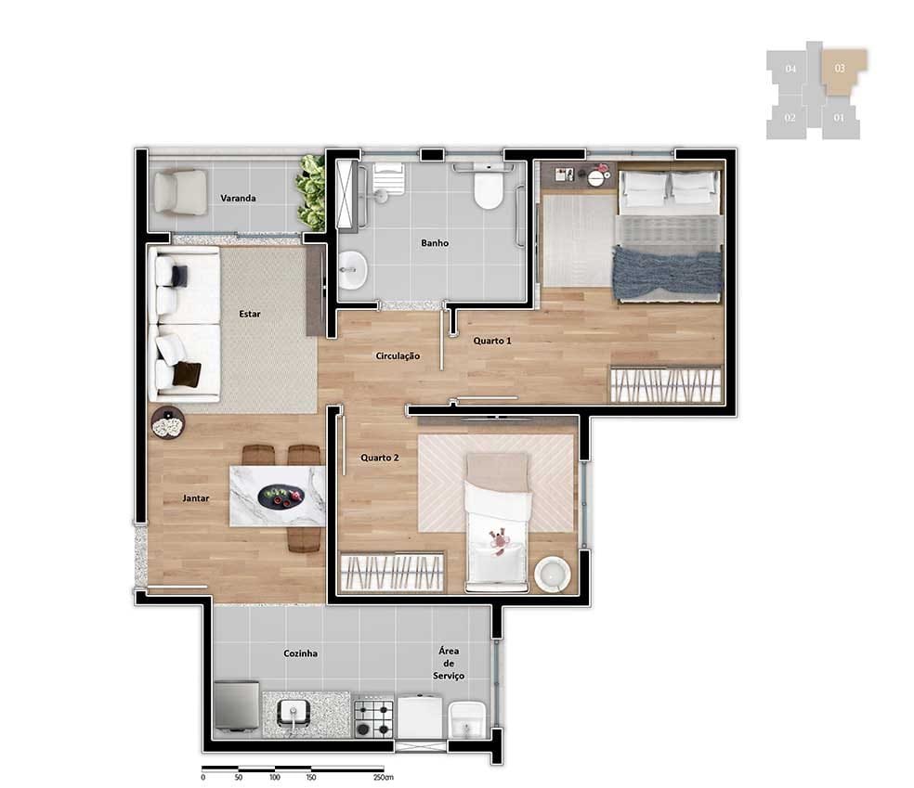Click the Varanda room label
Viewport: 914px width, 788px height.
point(238,198)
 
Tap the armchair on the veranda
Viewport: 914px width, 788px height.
point(179,192)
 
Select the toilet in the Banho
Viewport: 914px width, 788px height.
point(488,187)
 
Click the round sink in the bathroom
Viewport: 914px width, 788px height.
point(352,270)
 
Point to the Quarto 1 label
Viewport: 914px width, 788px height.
point(492,341)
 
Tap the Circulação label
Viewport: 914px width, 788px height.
point(398,355)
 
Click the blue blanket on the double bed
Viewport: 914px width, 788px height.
point(668,271)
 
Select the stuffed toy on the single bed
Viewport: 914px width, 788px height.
point(500,541)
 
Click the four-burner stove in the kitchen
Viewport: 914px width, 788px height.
point(373,718)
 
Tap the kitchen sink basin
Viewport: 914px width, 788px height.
point(294,713)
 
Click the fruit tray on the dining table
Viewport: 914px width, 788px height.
point(281,497)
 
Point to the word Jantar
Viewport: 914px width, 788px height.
point(195,498)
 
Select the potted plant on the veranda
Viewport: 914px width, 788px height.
point(310,191)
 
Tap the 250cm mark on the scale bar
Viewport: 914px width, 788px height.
point(383,777)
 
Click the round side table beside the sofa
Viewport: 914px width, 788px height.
point(168,422)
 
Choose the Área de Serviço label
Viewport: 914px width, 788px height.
point(449,664)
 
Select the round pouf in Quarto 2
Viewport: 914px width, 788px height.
point(552,575)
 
